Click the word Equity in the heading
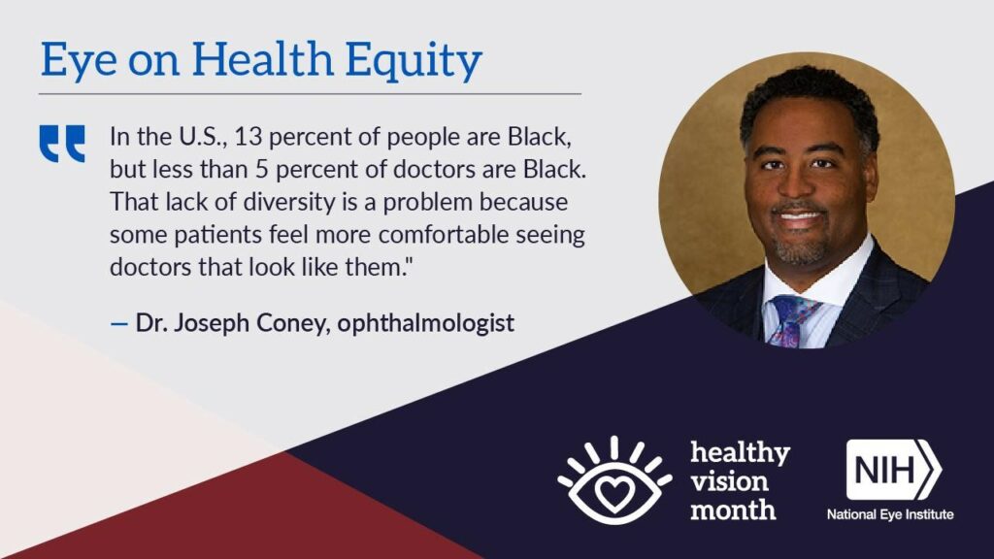[x=414, y=61]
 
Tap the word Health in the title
[x=262, y=58]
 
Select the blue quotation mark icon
[x=62, y=144]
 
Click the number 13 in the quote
[x=248, y=137]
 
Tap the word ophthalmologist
[x=425, y=323]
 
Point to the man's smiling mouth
[x=800, y=217]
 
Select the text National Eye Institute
[x=890, y=514]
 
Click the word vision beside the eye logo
[x=729, y=481]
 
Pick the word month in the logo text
[x=733, y=510]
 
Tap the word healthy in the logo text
[x=740, y=453]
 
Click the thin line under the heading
[x=310, y=94]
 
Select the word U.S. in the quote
[x=202, y=137]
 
